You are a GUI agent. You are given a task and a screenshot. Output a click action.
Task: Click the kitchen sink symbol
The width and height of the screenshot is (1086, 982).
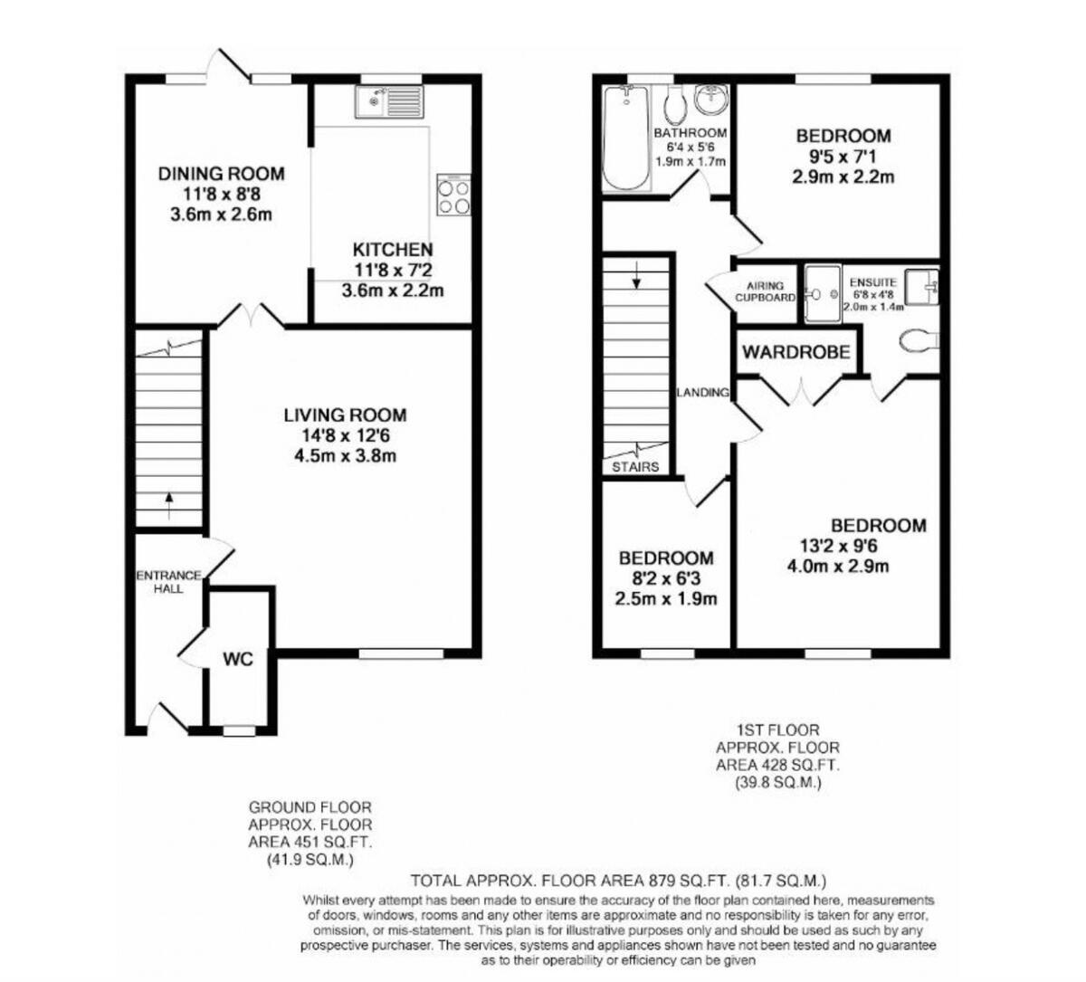pyautogui.click(x=389, y=101)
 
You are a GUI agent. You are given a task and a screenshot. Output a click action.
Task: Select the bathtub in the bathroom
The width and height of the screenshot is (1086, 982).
pyautogui.click(x=624, y=138)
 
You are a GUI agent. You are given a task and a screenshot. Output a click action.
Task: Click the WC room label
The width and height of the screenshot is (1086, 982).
pyautogui.click(x=238, y=659)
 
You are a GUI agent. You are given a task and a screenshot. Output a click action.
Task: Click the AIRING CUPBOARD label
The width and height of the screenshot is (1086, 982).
pyautogui.click(x=765, y=291)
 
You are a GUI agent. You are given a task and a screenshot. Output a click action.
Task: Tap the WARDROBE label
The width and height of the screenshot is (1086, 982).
pyautogui.click(x=796, y=352)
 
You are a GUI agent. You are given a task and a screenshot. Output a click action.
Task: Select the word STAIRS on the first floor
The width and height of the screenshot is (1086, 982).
pyautogui.click(x=635, y=467)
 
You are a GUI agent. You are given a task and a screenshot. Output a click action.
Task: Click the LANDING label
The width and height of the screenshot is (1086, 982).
pyautogui.click(x=703, y=393)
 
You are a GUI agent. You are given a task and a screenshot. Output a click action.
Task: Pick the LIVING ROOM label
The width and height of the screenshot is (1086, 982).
pyautogui.click(x=345, y=415)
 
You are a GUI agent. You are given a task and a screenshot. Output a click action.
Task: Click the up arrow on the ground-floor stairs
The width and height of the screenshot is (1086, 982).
pyautogui.click(x=169, y=505)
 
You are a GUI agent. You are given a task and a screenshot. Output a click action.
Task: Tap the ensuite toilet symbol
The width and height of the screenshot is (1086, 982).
pyautogui.click(x=917, y=340)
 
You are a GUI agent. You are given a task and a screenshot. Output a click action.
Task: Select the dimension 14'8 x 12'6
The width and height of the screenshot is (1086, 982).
pyautogui.click(x=345, y=436)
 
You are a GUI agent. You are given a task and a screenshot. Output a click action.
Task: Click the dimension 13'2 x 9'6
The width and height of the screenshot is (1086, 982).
pyautogui.click(x=838, y=546)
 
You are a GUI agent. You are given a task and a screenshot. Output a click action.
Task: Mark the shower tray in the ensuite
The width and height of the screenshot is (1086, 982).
pyautogui.click(x=823, y=293)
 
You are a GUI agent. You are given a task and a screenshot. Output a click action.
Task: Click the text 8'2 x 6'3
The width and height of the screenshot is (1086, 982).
pyautogui.click(x=666, y=578)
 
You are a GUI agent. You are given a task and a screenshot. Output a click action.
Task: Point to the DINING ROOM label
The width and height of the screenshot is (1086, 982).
pyautogui.click(x=222, y=174)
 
